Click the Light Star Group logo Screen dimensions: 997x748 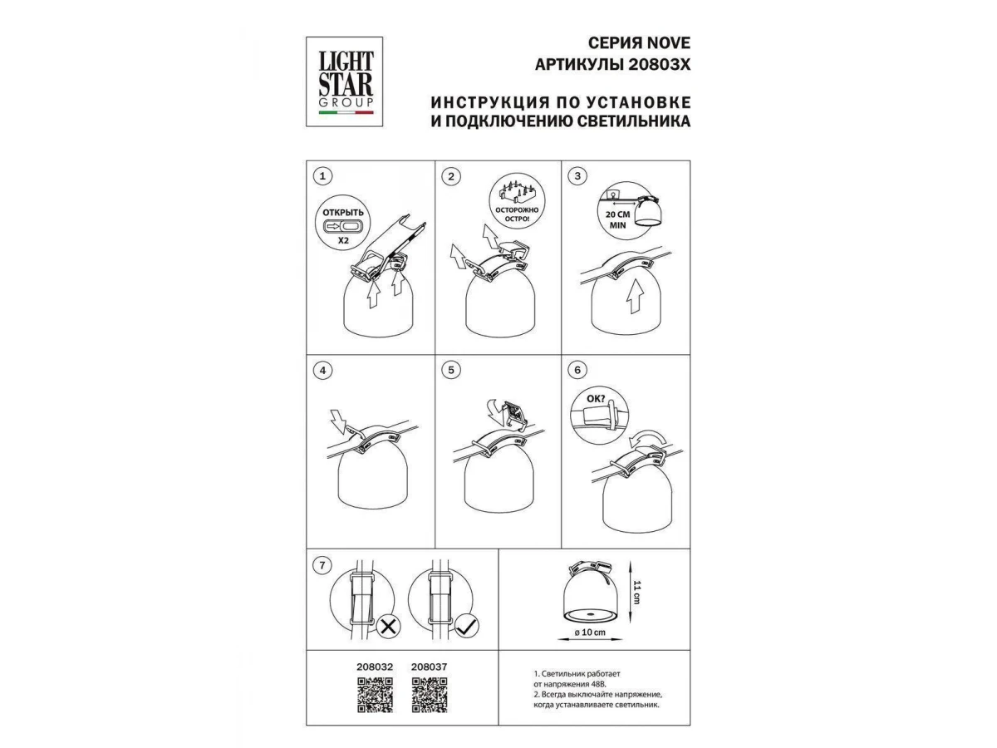(x=344, y=81)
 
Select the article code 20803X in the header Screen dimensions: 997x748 (x=660, y=65)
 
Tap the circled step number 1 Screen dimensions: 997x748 (x=322, y=175)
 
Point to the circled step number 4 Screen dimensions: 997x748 (x=322, y=370)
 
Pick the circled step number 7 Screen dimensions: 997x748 (x=322, y=565)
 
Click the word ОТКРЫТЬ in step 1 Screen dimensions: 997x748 (x=343, y=212)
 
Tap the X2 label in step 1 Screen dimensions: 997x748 (x=343, y=240)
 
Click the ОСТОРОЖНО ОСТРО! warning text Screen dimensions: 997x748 (x=517, y=214)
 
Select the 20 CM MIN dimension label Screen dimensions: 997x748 (x=617, y=219)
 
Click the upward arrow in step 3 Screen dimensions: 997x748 (x=635, y=296)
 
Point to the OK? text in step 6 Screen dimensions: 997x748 (x=596, y=399)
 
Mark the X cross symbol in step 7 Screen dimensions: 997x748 (x=388, y=627)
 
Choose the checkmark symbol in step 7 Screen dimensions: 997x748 (x=467, y=627)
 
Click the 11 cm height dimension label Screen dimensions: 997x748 (x=636, y=593)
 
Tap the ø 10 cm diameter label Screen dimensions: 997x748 (x=590, y=632)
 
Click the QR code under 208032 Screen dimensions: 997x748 (x=375, y=695)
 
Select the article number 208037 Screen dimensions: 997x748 (x=430, y=667)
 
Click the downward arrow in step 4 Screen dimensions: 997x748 (x=339, y=420)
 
